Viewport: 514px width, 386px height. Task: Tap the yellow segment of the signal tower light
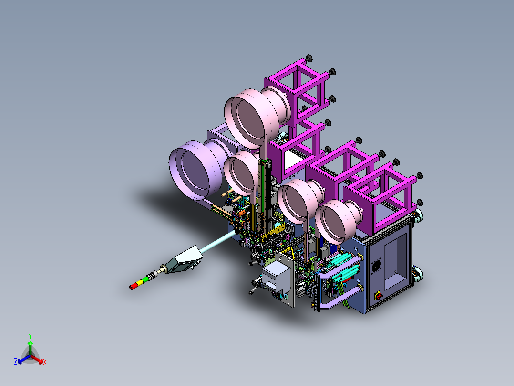140,283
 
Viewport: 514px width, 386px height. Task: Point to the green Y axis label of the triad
30,335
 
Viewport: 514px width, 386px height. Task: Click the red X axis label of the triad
44,362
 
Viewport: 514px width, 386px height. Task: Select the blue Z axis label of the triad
16,362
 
